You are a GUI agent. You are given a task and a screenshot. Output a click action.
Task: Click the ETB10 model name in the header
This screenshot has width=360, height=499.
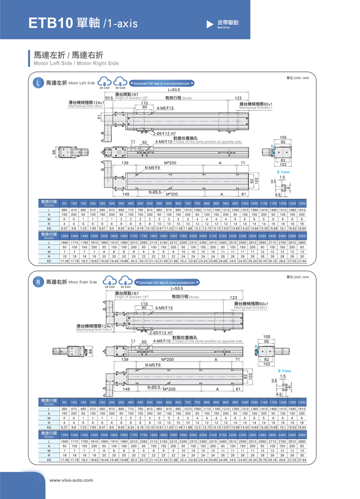click(51, 23)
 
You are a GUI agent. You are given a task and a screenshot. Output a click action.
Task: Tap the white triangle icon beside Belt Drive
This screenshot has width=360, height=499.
click(209, 24)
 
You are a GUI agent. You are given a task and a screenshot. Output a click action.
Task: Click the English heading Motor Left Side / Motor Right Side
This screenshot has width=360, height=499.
click(76, 63)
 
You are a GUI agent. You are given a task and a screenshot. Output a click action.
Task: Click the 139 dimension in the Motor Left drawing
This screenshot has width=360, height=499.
click(125, 163)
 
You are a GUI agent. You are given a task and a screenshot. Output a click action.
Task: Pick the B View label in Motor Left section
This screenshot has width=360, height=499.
click(284, 172)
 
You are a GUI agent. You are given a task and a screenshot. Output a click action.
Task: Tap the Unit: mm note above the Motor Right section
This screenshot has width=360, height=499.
click(297, 276)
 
